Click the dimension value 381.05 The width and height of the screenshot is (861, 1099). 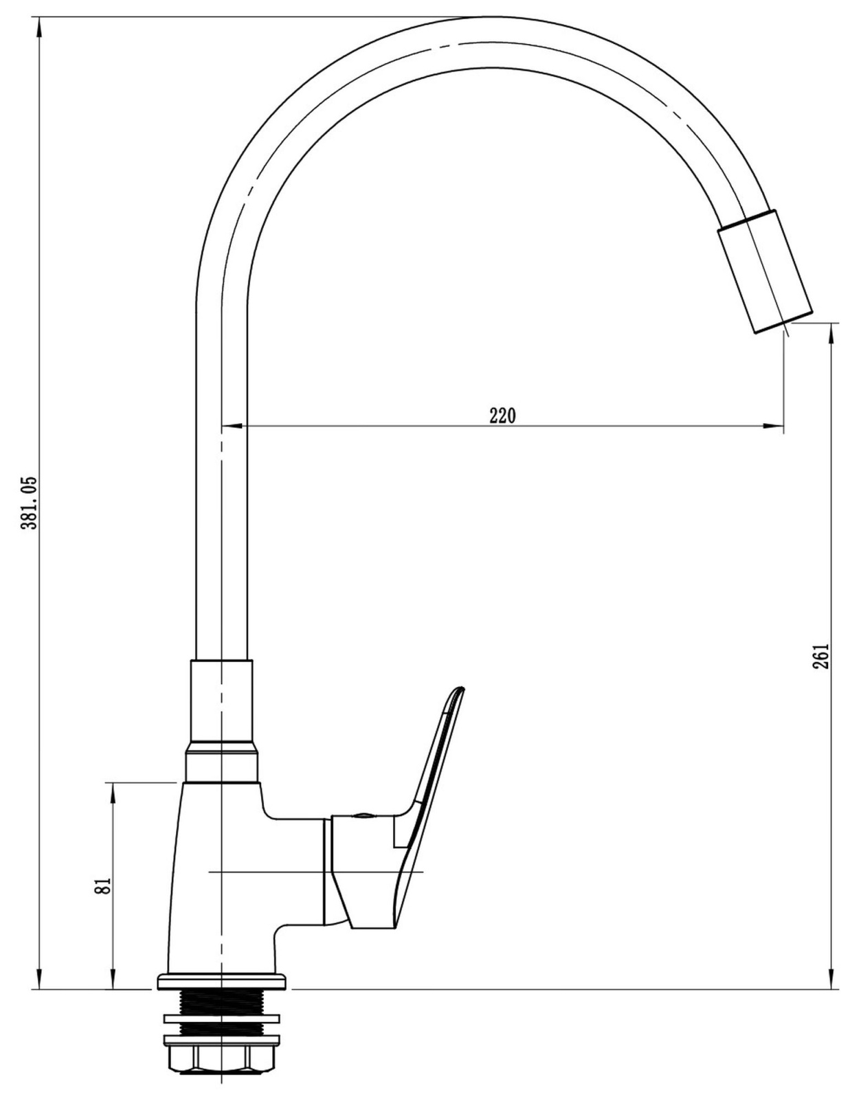point(28,502)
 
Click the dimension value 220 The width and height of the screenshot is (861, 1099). point(502,417)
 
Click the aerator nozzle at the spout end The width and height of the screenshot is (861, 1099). point(765,271)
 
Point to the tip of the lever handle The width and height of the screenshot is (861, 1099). point(460,689)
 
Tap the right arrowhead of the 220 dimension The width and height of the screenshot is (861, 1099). point(774,427)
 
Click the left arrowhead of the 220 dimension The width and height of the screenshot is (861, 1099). point(233,427)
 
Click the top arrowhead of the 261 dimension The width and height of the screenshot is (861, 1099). point(831,334)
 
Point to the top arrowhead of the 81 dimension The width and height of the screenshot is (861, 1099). point(113,793)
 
